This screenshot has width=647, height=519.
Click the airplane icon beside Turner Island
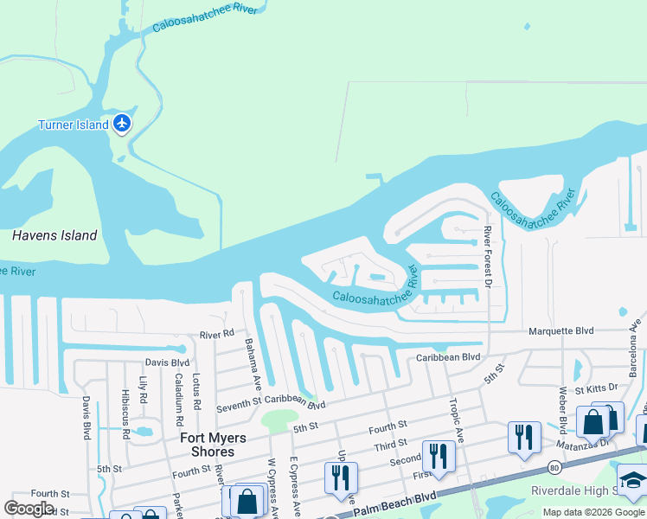coord(122,124)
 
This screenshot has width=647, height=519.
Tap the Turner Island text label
coord(73,125)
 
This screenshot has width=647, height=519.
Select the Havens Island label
coord(54,235)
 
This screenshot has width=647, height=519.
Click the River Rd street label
coord(216,334)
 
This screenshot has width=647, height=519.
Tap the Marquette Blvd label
coord(561,330)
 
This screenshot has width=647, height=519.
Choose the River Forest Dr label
coord(488,257)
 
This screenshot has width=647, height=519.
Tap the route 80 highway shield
coord(553,467)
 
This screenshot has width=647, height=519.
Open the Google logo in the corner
coord(29,509)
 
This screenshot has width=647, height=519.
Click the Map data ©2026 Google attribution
coord(594,512)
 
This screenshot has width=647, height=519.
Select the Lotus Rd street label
coord(196,392)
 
